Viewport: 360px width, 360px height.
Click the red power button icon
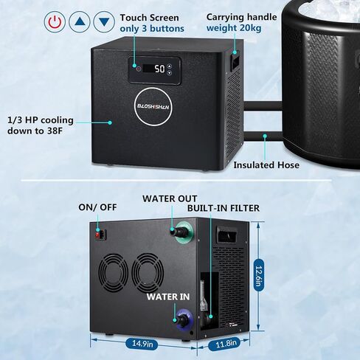pos(55,21)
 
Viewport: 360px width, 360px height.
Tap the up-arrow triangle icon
pos(79,21)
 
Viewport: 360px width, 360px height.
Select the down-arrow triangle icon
pos(104,21)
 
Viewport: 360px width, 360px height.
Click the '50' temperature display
pos(160,69)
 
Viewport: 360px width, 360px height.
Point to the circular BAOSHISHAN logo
pos(153,107)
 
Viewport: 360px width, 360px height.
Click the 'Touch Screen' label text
pos(149,18)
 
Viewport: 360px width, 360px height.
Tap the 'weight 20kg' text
pos(234,28)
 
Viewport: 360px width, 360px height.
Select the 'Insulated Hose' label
pos(266,165)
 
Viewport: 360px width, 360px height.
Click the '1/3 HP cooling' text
pos(41,120)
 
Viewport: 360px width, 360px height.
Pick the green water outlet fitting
pos(182,231)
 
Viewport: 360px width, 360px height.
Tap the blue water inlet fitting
pos(184,319)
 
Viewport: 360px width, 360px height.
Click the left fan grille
pos(113,272)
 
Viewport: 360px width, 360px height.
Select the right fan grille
pos(148,273)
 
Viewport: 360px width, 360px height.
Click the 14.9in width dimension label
pos(142,343)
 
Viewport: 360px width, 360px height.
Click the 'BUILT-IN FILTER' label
pos(224,208)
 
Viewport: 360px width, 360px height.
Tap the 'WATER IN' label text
pos(168,297)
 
